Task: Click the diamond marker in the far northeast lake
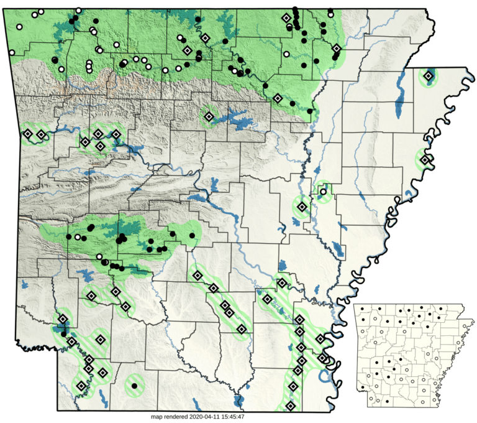(x=428, y=77)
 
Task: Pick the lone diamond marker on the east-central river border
(x=425, y=160)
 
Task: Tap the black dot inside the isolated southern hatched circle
(x=134, y=386)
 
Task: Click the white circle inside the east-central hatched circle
(x=323, y=192)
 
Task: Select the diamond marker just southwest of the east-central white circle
(x=302, y=207)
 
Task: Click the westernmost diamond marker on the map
(x=27, y=133)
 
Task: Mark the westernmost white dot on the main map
(x=19, y=27)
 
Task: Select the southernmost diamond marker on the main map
(x=289, y=407)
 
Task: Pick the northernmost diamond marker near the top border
(x=286, y=19)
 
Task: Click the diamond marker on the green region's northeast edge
(x=336, y=49)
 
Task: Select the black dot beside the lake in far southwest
(x=63, y=334)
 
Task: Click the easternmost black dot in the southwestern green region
(x=191, y=235)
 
